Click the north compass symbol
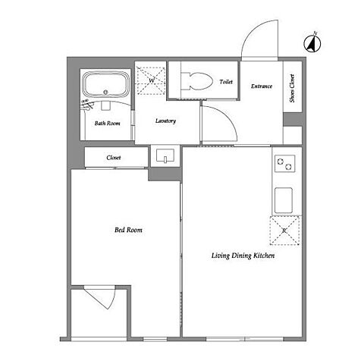pyautogui.click(x=312, y=43)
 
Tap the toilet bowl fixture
pyautogui.click(x=198, y=81)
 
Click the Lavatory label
pyautogui.click(x=165, y=121)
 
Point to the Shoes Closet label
pyautogui.click(x=292, y=88)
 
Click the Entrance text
pyautogui.click(x=262, y=86)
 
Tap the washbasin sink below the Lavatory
pyautogui.click(x=165, y=155)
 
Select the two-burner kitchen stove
pyautogui.click(x=285, y=164)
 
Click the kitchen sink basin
pyautogui.click(x=284, y=200)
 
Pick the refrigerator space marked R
pyautogui.click(x=284, y=231)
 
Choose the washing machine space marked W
pyautogui.click(x=151, y=81)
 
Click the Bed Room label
pyautogui.click(x=128, y=230)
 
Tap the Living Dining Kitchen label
pyautogui.click(x=243, y=256)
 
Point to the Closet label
pyautogui.click(x=114, y=158)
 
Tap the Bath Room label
pyautogui.click(x=108, y=124)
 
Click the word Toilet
pyautogui.click(x=226, y=82)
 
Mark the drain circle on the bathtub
pyautogui.click(x=105, y=93)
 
